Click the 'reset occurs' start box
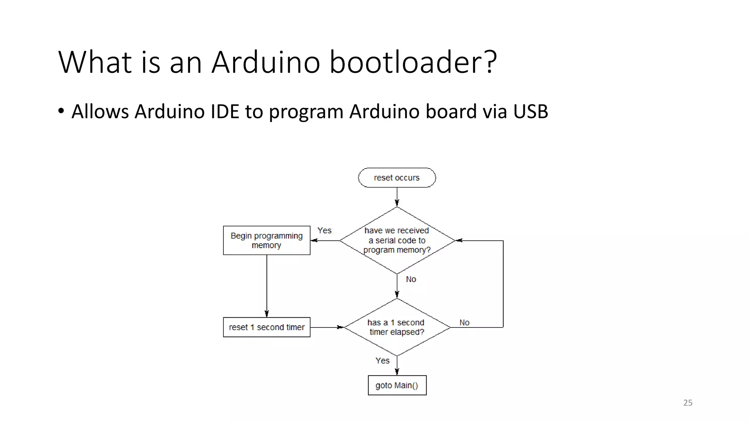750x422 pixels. [397, 178]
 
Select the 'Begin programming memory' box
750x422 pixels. [267, 240]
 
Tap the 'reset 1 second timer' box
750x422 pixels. [267, 327]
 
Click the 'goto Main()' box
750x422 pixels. [397, 385]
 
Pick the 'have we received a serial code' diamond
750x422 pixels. [397, 240]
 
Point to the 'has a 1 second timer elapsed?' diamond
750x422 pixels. [397, 327]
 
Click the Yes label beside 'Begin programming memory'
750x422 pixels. [324, 230]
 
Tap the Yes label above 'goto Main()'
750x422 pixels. [382, 360]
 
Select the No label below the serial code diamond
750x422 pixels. [411, 279]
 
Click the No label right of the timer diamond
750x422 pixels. [464, 322]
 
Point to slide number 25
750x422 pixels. [688, 403]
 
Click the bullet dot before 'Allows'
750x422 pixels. [61, 111]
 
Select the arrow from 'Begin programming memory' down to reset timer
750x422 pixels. [267, 286]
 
